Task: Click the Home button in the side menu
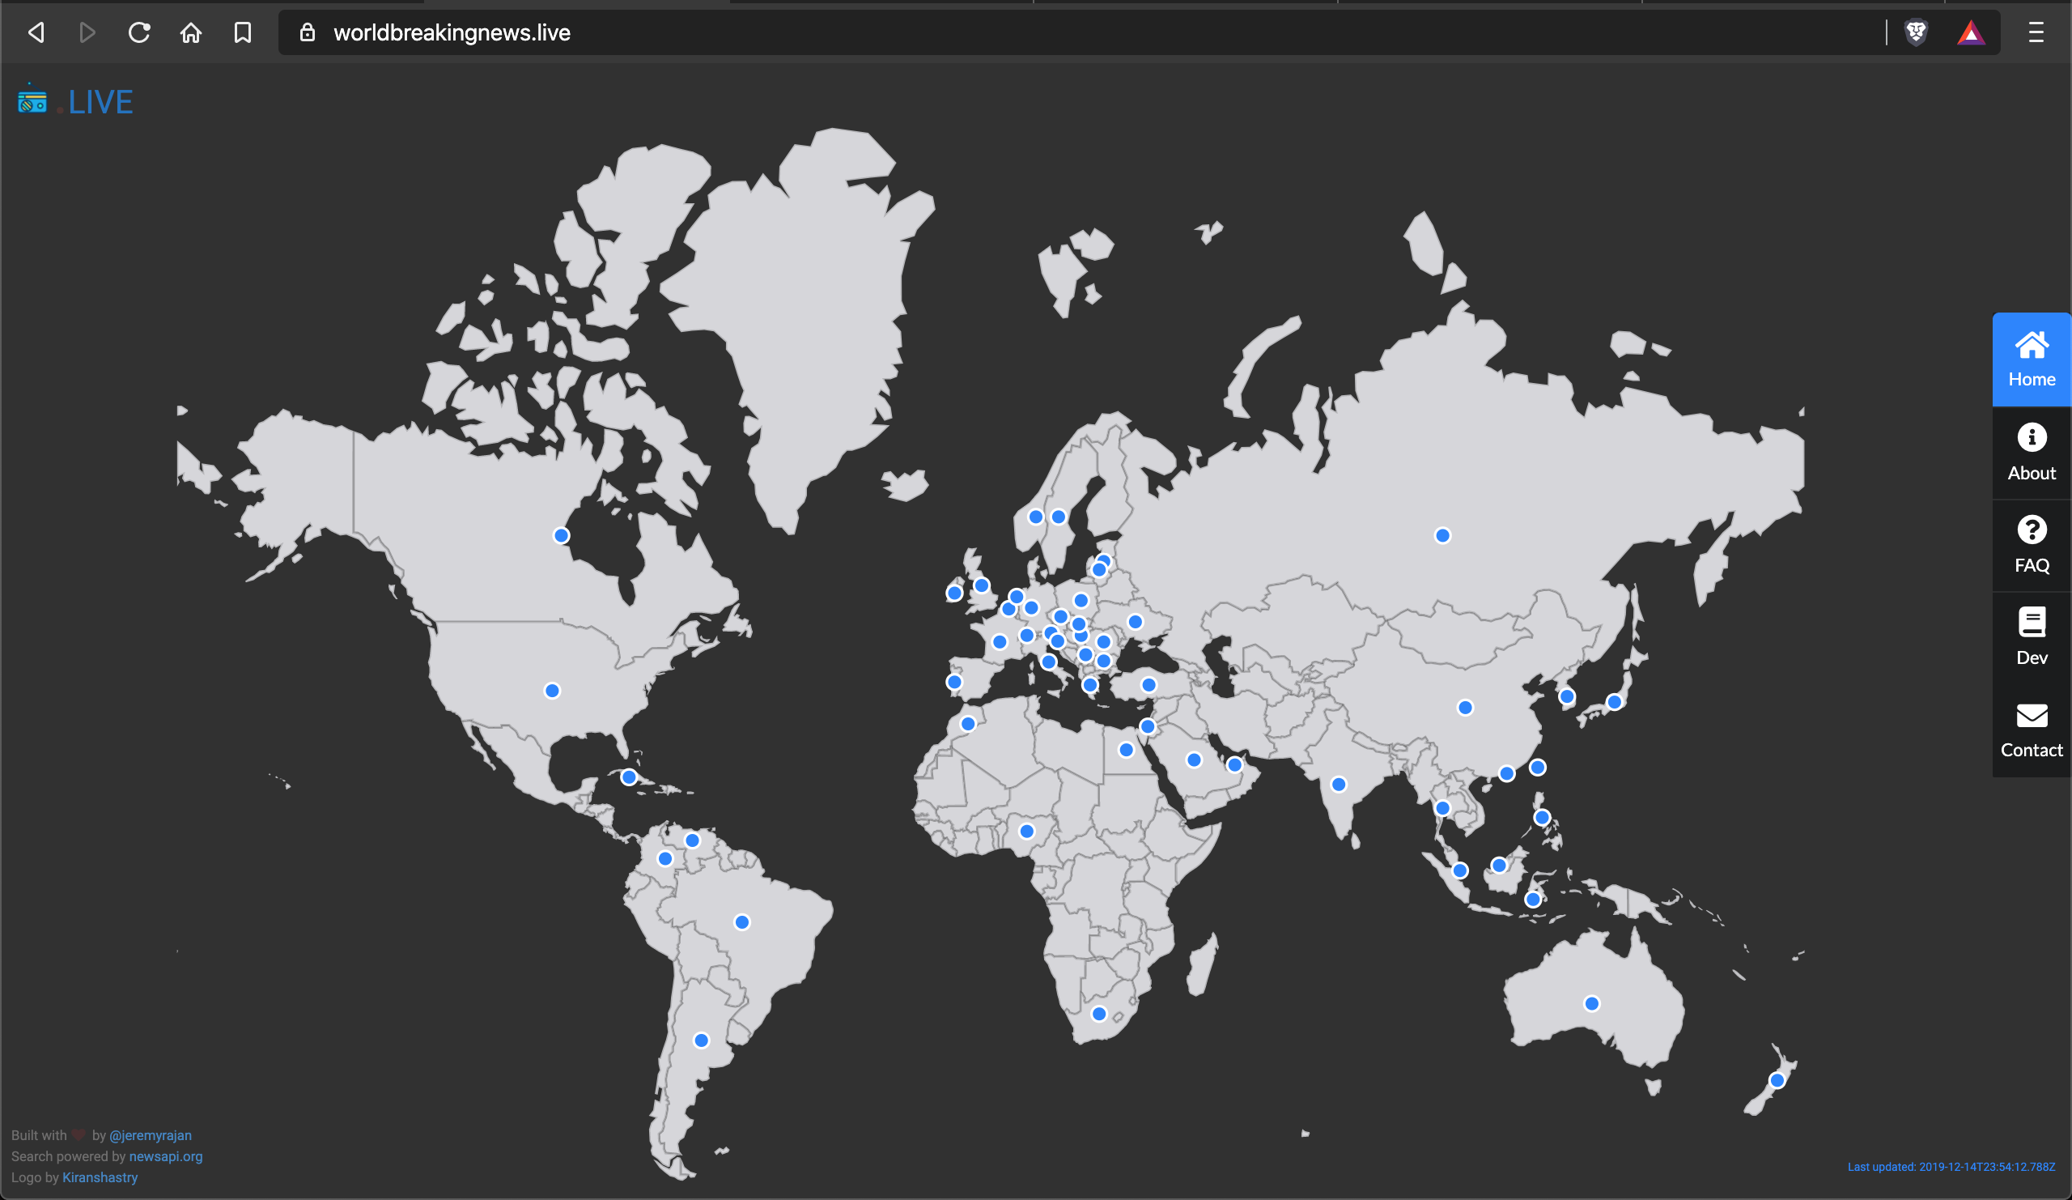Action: tap(2031, 360)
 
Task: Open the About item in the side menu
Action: tap(2031, 453)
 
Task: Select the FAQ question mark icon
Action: tap(2031, 530)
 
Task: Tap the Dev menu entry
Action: tap(2031, 636)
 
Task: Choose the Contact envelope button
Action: tap(2031, 715)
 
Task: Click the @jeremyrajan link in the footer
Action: tap(151, 1135)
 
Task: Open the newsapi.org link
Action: tap(165, 1156)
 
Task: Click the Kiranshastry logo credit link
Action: tap(100, 1178)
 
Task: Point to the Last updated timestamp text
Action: tap(1951, 1167)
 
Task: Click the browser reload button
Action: tap(139, 33)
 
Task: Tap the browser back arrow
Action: tap(36, 33)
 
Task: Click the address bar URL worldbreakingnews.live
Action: tap(452, 33)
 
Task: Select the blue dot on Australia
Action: tap(1592, 1003)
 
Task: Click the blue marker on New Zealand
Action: tap(1777, 1080)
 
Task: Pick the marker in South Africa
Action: tap(1098, 1014)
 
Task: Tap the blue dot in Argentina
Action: tap(702, 1040)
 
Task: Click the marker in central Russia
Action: tap(1442, 535)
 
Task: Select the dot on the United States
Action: tap(553, 691)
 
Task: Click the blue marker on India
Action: tap(1339, 785)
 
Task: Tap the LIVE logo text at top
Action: tap(100, 102)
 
